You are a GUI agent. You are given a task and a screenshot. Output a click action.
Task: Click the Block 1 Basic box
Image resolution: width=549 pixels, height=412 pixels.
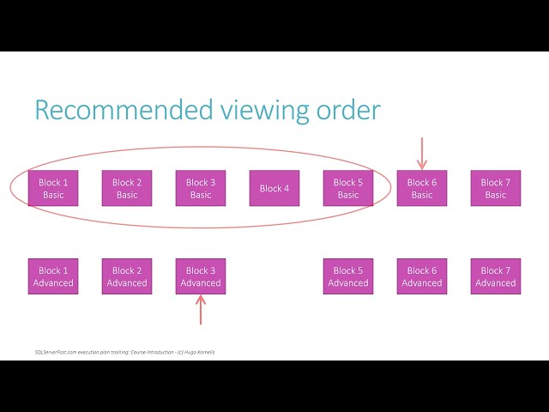pos(53,189)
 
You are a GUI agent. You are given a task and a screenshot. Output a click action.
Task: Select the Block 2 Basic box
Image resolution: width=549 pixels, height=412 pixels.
pos(127,189)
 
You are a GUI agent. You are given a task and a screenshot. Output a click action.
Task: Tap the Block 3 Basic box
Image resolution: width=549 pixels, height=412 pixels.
pos(201,189)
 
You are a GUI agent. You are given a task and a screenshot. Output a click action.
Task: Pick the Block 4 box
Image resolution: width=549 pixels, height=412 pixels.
pos(274,189)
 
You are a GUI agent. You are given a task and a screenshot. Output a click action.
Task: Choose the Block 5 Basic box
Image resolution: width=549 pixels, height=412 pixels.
pos(348,189)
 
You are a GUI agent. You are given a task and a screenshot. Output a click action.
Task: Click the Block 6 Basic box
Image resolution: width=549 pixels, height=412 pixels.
pos(422,189)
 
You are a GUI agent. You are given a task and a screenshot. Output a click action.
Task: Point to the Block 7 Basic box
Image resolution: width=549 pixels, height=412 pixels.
pos(496,189)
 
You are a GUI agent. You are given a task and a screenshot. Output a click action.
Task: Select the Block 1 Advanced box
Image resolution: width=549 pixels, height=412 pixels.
pos(53,276)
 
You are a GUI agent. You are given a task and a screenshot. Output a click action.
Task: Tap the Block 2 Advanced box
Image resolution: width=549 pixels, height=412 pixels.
pos(127,276)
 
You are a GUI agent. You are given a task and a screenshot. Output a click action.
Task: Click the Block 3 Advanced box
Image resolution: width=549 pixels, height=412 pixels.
pos(201,276)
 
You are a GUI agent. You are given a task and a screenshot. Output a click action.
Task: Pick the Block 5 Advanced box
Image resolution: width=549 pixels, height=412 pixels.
pos(348,276)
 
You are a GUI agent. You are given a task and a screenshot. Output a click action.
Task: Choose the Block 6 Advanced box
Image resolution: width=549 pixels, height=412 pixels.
pos(422,276)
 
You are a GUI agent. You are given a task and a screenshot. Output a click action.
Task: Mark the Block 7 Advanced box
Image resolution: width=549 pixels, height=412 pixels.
pos(496,276)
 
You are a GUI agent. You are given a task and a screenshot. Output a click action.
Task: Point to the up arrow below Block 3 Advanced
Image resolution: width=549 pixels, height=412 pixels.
pos(201,310)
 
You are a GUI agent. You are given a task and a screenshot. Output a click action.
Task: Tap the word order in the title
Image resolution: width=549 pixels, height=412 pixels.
pos(351,110)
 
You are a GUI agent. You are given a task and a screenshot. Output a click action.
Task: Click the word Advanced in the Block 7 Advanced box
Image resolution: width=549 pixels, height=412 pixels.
pos(496,283)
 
